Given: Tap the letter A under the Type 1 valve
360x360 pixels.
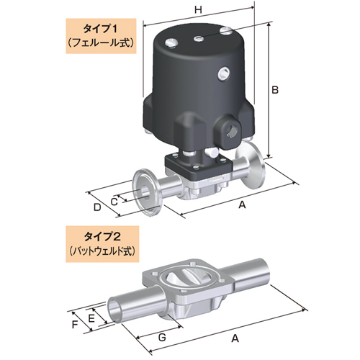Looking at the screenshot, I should pyautogui.click(x=243, y=205).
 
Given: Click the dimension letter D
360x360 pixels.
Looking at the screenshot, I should pyautogui.click(x=97, y=208).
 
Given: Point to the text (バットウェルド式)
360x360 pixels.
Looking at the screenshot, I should pyautogui.click(x=97, y=251).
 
